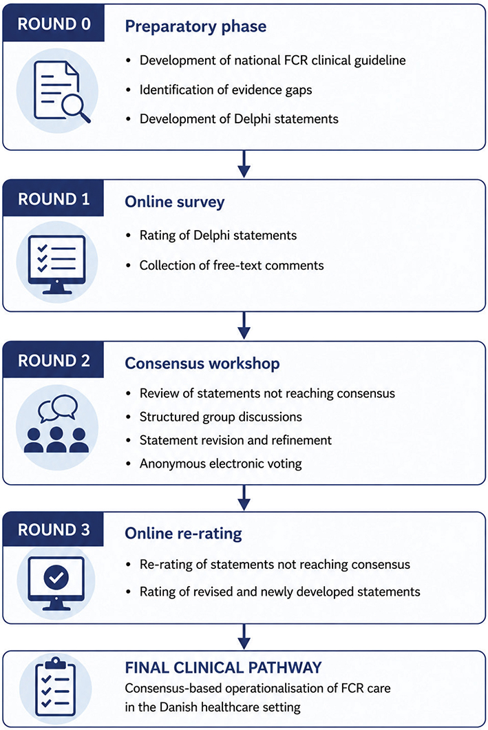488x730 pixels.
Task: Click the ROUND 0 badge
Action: tap(54, 23)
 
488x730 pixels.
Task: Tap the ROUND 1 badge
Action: tap(54, 199)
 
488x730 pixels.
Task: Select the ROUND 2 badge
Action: tap(54, 360)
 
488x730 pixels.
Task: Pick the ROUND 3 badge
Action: tap(54, 530)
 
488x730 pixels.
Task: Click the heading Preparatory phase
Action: tap(195, 27)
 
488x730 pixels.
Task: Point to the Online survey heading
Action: tap(174, 202)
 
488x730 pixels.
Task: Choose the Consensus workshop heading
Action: tap(202, 363)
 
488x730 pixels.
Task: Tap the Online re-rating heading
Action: tap(183, 533)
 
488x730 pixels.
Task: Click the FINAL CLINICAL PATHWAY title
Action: tap(223, 667)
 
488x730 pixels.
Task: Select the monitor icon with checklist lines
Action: tap(56, 264)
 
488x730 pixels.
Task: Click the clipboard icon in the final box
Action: tap(55, 687)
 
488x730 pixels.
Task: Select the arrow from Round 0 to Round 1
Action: tap(244, 164)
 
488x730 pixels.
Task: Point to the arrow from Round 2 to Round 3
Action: tap(244, 498)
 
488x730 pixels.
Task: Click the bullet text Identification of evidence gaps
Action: tap(226, 90)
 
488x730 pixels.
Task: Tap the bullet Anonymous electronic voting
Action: tap(220, 463)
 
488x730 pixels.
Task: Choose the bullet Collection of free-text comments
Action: tap(232, 265)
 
